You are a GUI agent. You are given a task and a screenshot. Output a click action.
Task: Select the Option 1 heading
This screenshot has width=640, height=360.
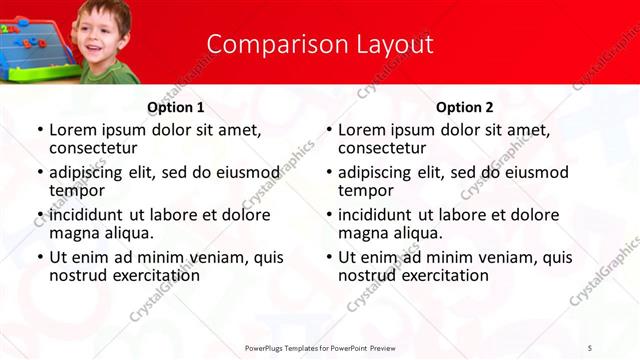tap(176, 107)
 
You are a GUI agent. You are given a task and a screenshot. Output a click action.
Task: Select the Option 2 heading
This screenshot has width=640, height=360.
tap(465, 107)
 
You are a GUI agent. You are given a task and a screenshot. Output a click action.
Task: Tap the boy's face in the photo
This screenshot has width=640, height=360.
tap(103, 36)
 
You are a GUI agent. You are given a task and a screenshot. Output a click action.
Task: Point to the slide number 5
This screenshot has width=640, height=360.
tap(590, 347)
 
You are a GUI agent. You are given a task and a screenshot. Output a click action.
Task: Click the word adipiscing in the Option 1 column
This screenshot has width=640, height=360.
tap(91, 172)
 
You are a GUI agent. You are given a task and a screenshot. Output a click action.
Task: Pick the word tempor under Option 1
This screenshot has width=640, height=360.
tap(77, 190)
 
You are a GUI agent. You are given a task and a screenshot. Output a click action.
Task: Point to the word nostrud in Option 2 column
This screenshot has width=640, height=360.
tap(369, 275)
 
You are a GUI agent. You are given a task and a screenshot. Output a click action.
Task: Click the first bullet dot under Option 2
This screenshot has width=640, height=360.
tap(328, 131)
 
